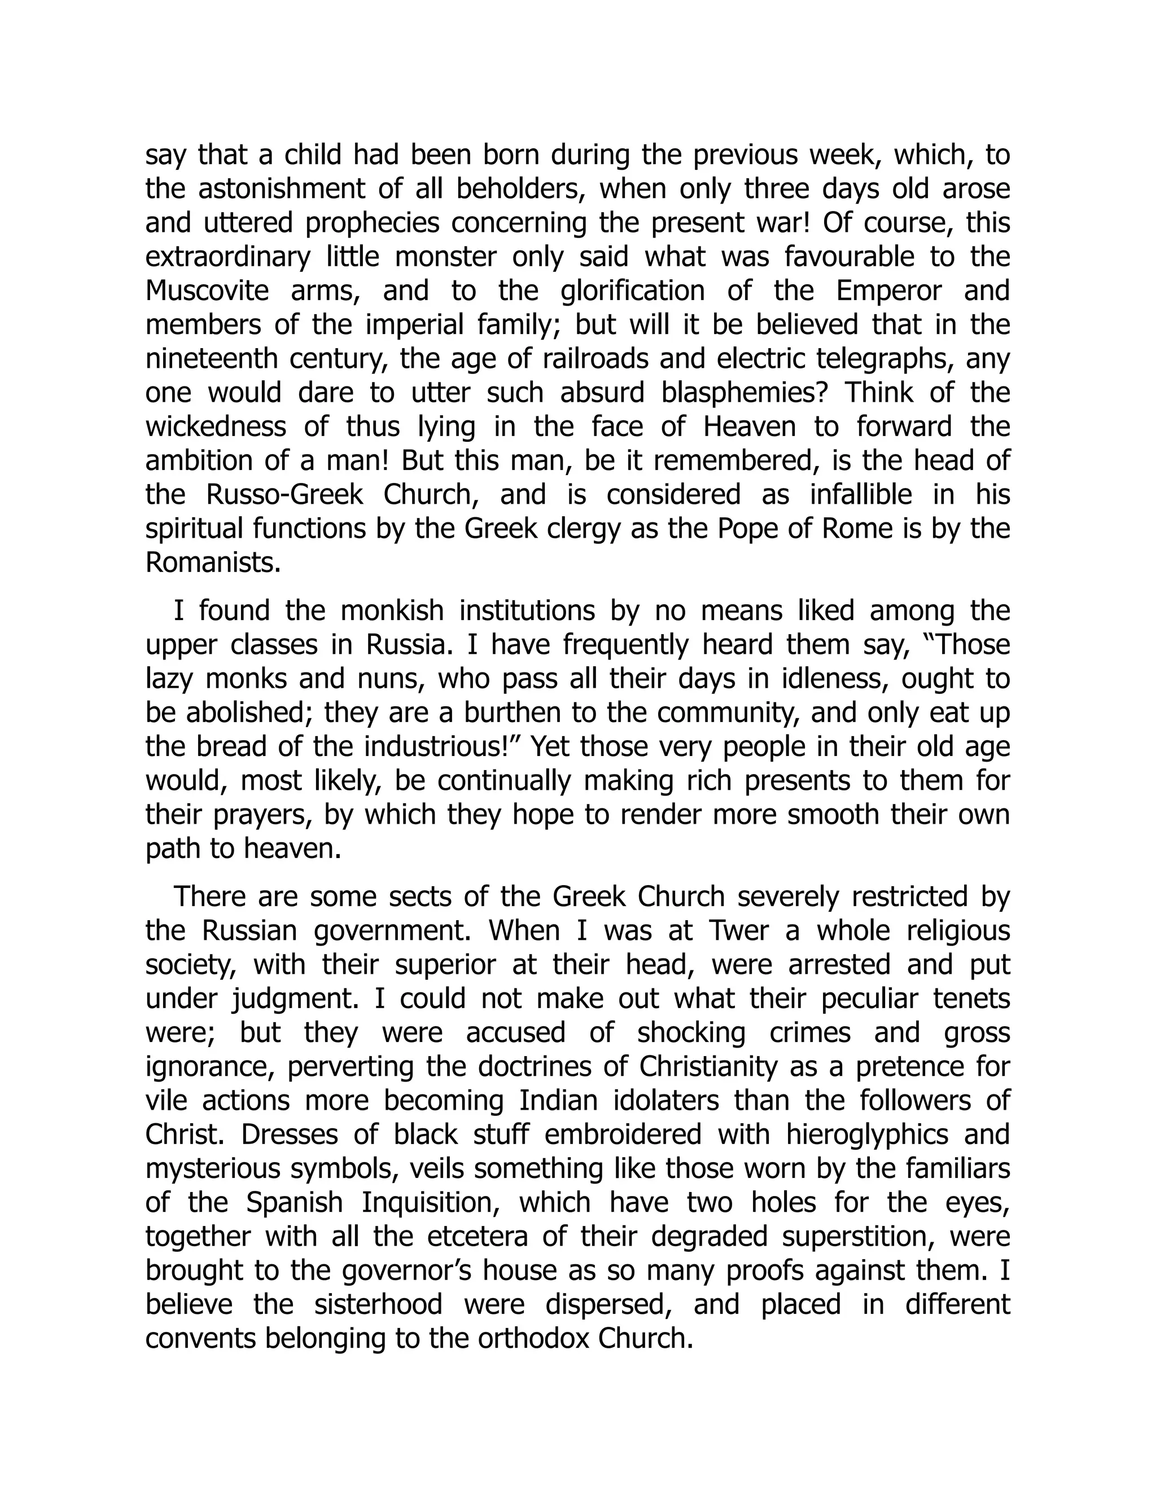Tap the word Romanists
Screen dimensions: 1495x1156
tap(213, 562)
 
